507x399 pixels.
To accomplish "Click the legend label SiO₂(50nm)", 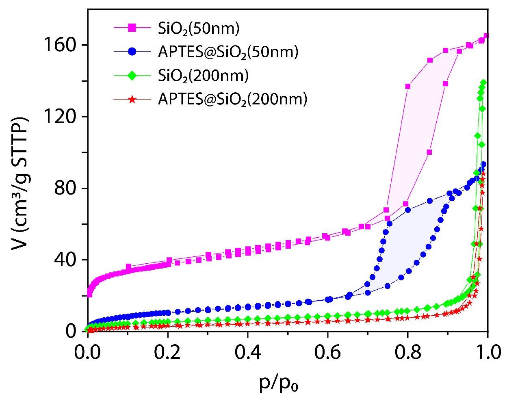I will pos(199,29).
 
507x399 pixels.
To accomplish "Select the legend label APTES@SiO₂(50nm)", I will pos(228,52).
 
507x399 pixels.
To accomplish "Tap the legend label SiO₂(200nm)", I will pos(203,76).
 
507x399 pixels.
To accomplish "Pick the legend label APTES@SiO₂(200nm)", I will pos(232,99).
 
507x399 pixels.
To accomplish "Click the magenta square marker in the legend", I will pos(132,28).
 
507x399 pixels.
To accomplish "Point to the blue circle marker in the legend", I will pos(132,52).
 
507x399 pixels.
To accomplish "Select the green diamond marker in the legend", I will pos(132,75).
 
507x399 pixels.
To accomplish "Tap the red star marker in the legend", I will pos(132,99).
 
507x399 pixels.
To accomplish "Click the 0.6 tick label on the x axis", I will pos(327,352).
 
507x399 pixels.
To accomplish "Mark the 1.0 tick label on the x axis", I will pos(487,352).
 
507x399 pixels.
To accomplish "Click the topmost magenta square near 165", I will pos(486,36).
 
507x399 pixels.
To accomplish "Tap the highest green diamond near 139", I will pos(483,82).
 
